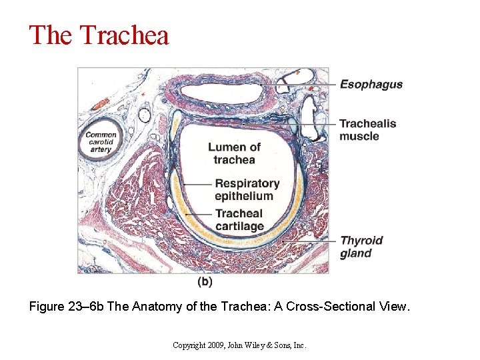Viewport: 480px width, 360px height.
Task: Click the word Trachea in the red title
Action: tap(125, 35)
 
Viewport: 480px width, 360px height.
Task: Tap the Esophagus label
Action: tap(371, 85)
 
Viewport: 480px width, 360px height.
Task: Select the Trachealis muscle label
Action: tap(367, 129)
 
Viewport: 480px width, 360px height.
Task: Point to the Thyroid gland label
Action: tap(361, 247)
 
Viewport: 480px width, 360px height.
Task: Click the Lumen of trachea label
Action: tap(234, 153)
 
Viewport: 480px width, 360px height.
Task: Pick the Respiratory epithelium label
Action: tap(247, 189)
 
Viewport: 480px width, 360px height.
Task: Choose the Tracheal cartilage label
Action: tap(239, 220)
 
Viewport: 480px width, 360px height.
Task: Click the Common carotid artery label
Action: tap(101, 141)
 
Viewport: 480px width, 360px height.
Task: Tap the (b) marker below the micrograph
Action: tap(205, 282)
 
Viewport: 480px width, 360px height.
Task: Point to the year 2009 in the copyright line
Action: tap(216, 345)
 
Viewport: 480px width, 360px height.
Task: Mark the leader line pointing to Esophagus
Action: tap(300, 86)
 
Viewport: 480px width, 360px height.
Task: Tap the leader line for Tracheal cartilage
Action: tap(197, 214)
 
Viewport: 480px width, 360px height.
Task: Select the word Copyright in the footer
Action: tap(188, 345)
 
